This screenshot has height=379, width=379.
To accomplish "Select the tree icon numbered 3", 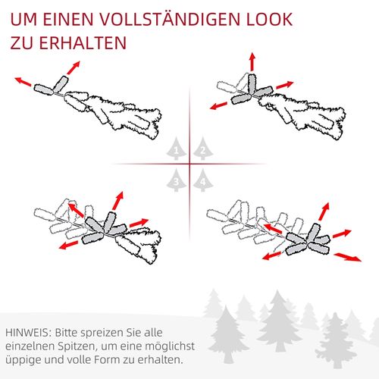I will point(177,180).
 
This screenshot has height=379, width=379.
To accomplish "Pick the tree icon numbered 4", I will point(202,180).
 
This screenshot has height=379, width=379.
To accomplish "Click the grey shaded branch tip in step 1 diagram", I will point(52,88).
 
